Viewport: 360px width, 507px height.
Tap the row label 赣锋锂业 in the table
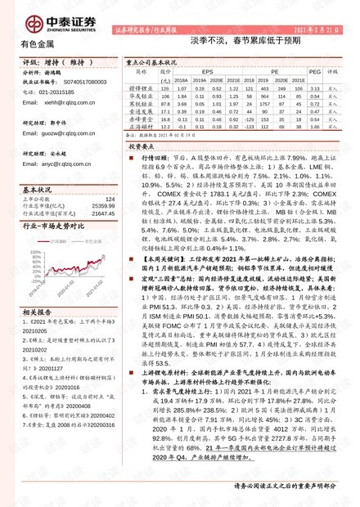(x=144, y=89)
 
